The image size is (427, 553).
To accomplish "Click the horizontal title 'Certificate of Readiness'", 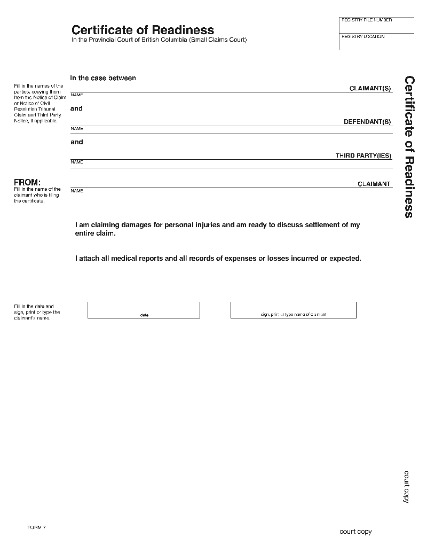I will pyautogui.click(x=143, y=30).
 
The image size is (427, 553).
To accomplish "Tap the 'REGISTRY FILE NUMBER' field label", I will pyautogui.click(x=366, y=20).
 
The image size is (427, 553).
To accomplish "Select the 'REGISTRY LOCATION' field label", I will pyautogui.click(x=363, y=37).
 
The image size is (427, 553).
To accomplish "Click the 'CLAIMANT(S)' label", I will pyautogui.click(x=370, y=88).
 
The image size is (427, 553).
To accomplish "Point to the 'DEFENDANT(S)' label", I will pyautogui.click(x=367, y=122).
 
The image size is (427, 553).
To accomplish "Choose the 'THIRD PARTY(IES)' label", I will pyautogui.click(x=363, y=156).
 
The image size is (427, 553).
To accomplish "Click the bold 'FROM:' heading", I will pyautogui.click(x=27, y=183).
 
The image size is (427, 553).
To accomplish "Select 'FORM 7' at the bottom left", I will pyautogui.click(x=36, y=527).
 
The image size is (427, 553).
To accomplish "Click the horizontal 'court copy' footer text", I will pyautogui.click(x=355, y=532).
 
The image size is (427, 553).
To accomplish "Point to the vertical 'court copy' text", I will pyautogui.click(x=406, y=487).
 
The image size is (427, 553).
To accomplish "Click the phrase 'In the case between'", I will pyautogui.click(x=103, y=78).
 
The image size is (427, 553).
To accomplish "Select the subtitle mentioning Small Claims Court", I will pyautogui.click(x=159, y=41).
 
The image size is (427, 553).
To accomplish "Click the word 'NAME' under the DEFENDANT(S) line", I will pyautogui.click(x=77, y=129).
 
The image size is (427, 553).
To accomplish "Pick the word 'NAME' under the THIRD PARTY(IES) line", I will pyautogui.click(x=77, y=162).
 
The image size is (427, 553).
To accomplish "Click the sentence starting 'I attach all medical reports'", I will pyautogui.click(x=218, y=259).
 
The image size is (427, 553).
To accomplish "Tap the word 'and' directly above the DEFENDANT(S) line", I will pyautogui.click(x=77, y=108).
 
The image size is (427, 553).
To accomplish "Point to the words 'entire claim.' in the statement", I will pyautogui.click(x=96, y=233).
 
